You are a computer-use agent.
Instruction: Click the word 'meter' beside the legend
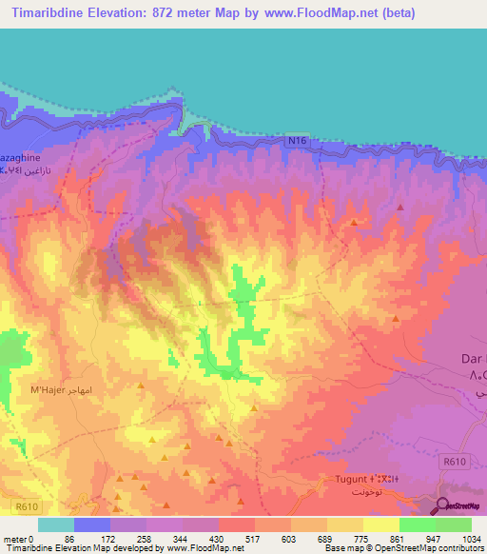tap(14, 538)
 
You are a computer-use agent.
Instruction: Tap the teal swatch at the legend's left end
tap(56, 524)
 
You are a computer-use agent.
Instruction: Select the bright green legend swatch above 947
tap(418, 524)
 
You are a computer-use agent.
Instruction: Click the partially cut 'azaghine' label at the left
tap(19, 154)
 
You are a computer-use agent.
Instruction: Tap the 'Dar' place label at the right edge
tap(464, 360)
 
